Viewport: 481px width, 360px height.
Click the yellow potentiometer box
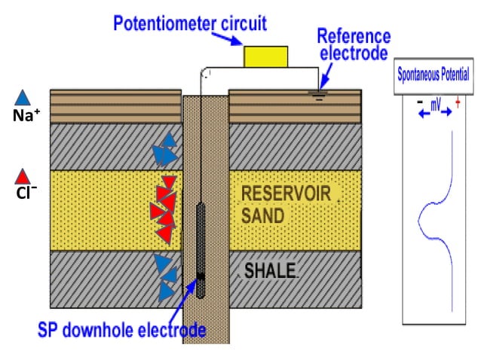click(265, 57)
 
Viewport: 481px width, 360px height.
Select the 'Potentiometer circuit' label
click(189, 22)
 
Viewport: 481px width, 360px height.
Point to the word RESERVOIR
click(286, 194)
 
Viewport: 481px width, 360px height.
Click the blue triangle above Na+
click(23, 98)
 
